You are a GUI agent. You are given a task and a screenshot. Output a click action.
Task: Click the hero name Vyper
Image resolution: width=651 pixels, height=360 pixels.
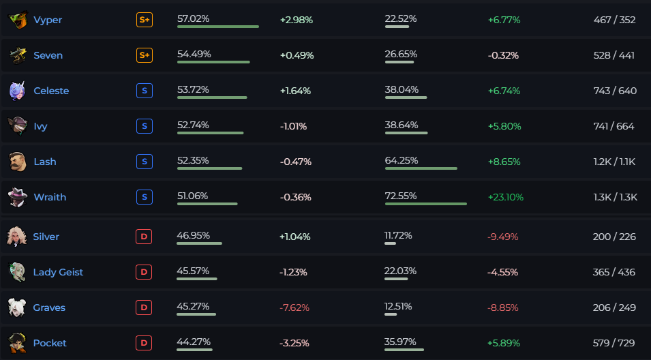click(48, 20)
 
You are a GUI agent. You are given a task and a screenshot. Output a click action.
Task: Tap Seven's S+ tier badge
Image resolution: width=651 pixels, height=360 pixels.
click(145, 55)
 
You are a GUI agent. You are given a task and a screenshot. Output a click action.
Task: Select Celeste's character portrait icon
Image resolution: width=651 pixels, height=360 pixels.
click(18, 91)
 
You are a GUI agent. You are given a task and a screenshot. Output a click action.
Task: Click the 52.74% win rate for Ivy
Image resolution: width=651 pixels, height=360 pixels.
click(193, 125)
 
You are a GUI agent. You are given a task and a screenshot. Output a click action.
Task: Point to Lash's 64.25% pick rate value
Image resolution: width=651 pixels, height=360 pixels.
click(402, 160)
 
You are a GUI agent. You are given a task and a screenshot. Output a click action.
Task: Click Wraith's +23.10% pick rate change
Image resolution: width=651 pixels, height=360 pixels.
click(506, 197)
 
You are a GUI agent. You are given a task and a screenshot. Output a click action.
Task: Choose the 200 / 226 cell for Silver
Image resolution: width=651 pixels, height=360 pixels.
click(614, 237)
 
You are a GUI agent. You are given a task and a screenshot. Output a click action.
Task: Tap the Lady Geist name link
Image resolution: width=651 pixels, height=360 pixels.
click(58, 272)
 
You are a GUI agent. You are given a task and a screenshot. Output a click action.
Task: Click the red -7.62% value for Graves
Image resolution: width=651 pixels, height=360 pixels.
click(294, 307)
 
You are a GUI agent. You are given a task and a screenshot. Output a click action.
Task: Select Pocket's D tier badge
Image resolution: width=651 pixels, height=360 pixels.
click(144, 343)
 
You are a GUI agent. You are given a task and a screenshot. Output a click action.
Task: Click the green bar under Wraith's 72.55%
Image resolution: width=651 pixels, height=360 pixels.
click(426, 204)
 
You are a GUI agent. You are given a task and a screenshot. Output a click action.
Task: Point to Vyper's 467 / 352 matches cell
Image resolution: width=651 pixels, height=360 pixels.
click(614, 20)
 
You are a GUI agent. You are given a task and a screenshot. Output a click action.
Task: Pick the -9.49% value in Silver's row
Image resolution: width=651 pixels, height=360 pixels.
click(503, 237)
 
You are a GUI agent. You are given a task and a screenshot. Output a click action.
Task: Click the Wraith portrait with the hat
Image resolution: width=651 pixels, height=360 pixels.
click(18, 197)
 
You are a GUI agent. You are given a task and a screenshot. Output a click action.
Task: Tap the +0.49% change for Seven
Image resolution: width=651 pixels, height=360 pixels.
click(297, 55)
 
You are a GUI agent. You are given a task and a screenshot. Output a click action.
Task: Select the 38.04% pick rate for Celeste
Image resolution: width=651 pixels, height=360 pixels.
click(402, 90)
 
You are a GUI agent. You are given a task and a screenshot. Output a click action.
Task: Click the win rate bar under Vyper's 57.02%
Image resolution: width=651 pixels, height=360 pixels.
click(218, 27)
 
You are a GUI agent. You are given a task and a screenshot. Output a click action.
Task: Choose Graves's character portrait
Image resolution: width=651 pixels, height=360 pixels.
click(17, 307)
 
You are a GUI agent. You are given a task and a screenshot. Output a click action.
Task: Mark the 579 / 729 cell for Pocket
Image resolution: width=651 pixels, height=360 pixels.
click(614, 343)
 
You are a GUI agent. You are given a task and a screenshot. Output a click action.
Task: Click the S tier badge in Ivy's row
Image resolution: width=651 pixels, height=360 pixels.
click(145, 126)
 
